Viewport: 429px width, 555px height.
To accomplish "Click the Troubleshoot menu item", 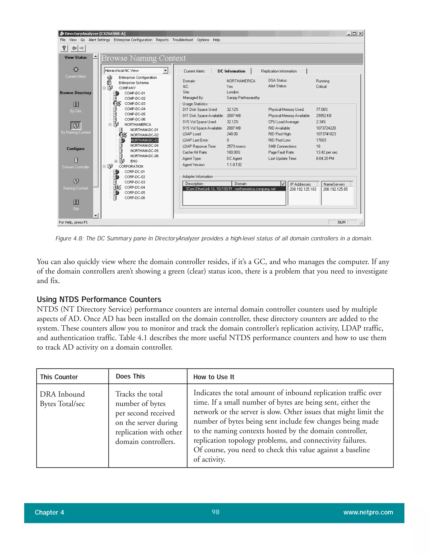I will [x=182, y=40].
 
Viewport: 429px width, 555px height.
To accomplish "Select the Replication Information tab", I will [x=279, y=71].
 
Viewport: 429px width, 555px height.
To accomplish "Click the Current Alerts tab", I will [x=194, y=71].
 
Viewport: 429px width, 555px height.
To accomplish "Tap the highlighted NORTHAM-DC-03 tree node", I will [x=144, y=140].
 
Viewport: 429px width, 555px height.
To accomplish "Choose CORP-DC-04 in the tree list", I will [x=135, y=187].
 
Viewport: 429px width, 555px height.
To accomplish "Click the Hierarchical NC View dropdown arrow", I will [x=165, y=70].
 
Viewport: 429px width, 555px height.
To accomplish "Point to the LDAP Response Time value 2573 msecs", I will [x=236, y=146].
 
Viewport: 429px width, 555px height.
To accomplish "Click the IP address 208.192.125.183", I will [x=303, y=189].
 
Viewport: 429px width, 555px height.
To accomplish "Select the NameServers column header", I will [x=334, y=184].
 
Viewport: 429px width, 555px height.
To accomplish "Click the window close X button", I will [x=360, y=34].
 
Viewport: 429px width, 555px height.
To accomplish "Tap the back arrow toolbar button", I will [x=74, y=48].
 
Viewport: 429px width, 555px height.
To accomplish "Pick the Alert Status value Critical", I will [x=321, y=87].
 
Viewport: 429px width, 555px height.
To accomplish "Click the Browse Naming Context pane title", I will [x=143, y=58].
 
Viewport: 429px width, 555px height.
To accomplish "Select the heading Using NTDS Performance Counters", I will [x=99, y=299].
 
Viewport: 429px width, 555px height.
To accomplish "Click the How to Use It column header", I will [x=213, y=377].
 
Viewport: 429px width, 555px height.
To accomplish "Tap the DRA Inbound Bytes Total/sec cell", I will [x=62, y=399].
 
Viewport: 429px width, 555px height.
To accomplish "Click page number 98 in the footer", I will [x=215, y=512].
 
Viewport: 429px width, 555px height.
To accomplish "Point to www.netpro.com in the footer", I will [x=368, y=512].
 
